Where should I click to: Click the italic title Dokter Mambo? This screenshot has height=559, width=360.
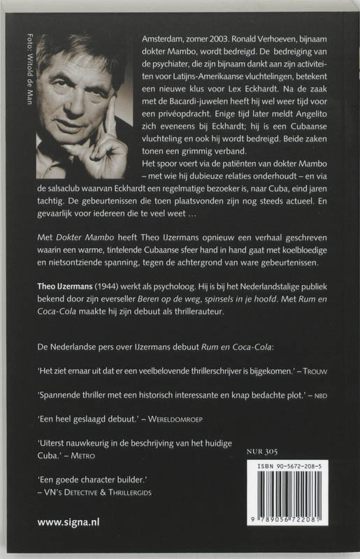pyautogui.click(x=82, y=237)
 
